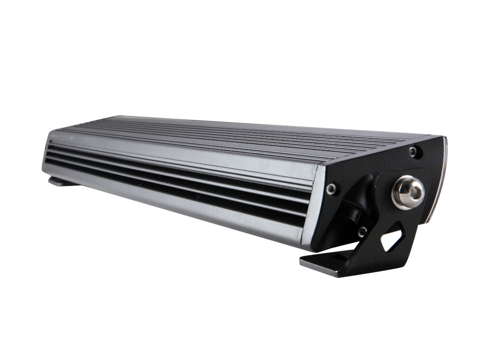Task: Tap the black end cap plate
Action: (x=384, y=168)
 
